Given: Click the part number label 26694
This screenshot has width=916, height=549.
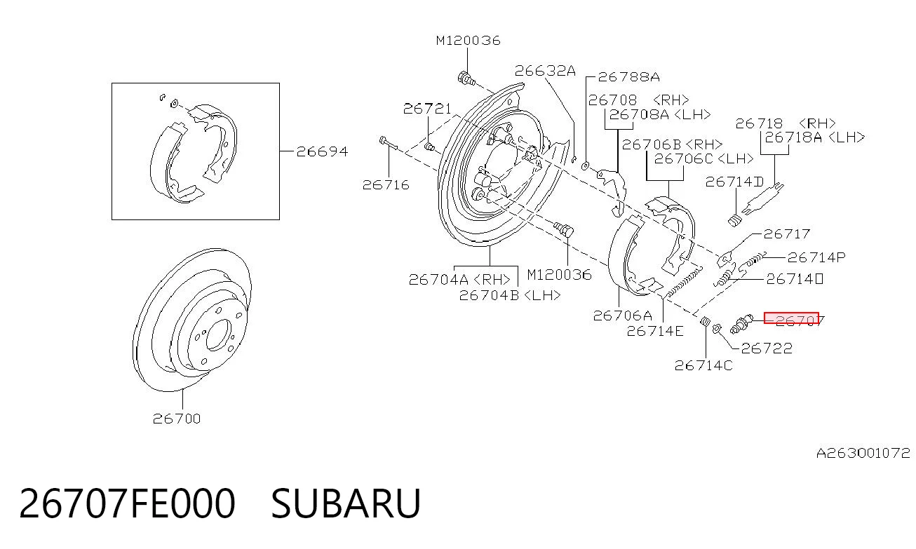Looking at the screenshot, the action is click(322, 151).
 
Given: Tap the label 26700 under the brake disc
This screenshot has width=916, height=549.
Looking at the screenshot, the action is click(177, 419).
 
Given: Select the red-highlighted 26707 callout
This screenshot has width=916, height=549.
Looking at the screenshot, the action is click(791, 318).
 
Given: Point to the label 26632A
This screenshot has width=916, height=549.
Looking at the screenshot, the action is click(545, 71).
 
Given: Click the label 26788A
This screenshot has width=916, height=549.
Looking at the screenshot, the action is click(629, 77).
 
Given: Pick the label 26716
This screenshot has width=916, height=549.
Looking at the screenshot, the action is click(386, 185).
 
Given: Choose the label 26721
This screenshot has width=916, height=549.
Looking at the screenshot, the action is click(427, 109).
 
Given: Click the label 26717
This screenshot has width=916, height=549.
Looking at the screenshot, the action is click(786, 233).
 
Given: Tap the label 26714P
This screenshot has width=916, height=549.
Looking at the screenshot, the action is click(816, 257).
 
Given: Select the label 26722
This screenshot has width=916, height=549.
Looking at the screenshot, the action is click(767, 348).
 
